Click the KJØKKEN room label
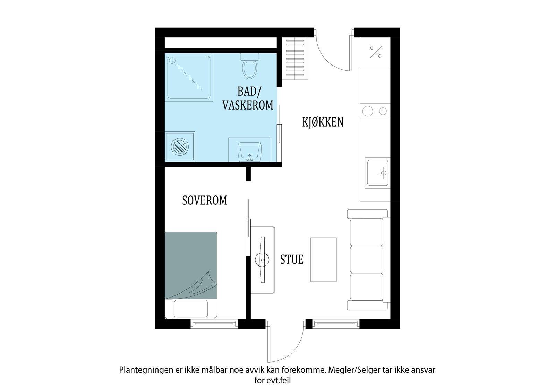click(323, 122)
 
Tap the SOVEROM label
click(204, 200)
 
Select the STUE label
click(292, 260)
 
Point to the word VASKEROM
click(248, 105)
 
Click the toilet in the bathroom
click(249, 66)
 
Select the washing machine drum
click(180, 147)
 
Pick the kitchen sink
click(378, 173)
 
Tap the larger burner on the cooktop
click(367, 112)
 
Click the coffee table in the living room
click(324, 260)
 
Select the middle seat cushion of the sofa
click(367, 260)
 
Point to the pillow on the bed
click(191, 309)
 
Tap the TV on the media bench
click(262, 260)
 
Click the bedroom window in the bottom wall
click(214, 323)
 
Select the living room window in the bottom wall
click(335, 323)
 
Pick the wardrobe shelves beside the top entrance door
click(295, 59)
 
